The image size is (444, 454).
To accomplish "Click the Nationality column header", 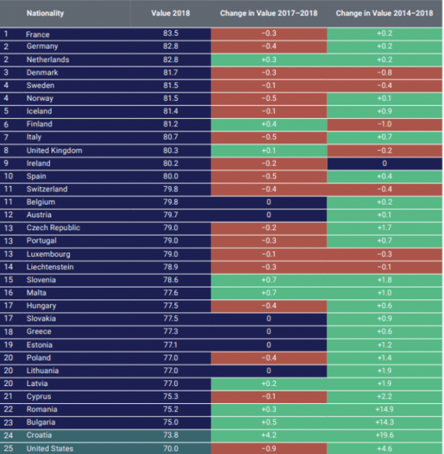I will point(45,13).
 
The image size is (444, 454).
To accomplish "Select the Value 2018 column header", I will point(170,13).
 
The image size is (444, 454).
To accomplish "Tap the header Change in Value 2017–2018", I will point(269,13).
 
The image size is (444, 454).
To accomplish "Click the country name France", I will point(38,34).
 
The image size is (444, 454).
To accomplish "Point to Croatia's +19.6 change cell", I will point(385,435).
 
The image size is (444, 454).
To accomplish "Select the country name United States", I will point(50,449).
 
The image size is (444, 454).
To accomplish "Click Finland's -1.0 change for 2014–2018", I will point(385,125).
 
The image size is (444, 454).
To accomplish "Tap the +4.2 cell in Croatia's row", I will point(269,435).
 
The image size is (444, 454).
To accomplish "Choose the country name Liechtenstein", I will point(50,267).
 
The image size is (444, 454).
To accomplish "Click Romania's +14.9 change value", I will point(385,409).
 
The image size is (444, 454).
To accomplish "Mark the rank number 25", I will point(8,449).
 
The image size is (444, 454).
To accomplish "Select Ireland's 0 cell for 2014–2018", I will point(385,163).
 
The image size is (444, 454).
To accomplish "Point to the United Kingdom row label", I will point(54,151).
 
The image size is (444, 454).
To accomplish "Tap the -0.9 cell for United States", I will point(269,449).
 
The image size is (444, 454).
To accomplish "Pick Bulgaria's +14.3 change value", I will point(385,422).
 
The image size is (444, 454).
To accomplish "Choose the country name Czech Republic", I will point(53,228).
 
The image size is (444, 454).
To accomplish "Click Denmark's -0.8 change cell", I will point(385,73).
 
